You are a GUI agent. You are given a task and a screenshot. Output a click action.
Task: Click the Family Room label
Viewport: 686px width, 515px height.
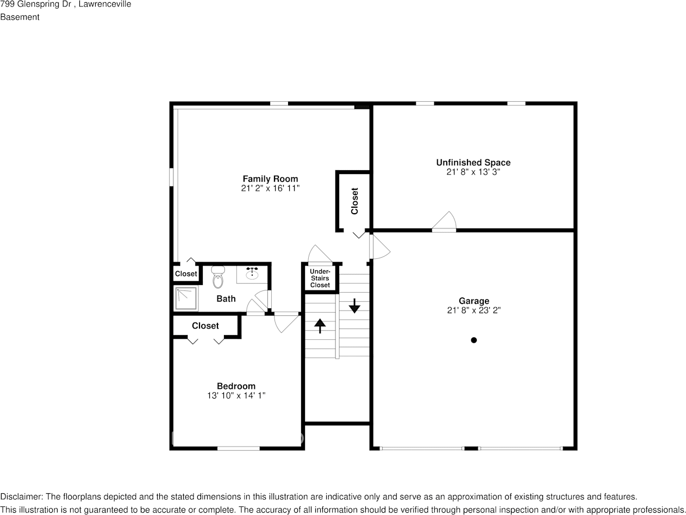tap(270, 179)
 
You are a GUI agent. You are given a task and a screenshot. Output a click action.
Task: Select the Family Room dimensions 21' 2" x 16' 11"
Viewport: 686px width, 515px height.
tap(270, 188)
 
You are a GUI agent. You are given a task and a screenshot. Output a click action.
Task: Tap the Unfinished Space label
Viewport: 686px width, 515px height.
tap(473, 163)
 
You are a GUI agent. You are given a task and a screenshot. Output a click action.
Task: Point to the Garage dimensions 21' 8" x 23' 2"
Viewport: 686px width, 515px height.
tap(473, 310)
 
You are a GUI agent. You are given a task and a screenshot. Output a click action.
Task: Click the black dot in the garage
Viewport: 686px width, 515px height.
tap(473, 340)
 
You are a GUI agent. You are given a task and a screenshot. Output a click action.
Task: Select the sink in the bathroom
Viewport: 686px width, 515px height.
tap(252, 275)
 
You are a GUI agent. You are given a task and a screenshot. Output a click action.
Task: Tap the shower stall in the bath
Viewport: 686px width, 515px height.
tap(185, 298)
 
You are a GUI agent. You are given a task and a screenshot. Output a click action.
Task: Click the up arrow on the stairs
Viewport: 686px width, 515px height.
tap(320, 325)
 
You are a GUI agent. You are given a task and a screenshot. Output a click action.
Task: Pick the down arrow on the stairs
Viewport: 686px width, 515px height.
tap(354, 306)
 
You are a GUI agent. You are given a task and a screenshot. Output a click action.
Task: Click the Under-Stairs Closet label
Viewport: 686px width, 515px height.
tap(320, 278)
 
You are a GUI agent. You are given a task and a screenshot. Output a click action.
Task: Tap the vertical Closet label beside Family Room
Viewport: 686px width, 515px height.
tap(355, 201)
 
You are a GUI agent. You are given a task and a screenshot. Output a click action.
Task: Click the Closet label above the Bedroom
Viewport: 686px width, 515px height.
tap(205, 326)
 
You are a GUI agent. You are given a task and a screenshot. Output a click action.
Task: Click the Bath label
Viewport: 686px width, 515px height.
tap(226, 299)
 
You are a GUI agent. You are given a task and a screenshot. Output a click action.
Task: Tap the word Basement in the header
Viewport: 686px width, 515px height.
tap(20, 17)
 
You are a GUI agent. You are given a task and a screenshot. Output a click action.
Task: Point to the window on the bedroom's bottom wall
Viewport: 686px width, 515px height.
tap(238, 448)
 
